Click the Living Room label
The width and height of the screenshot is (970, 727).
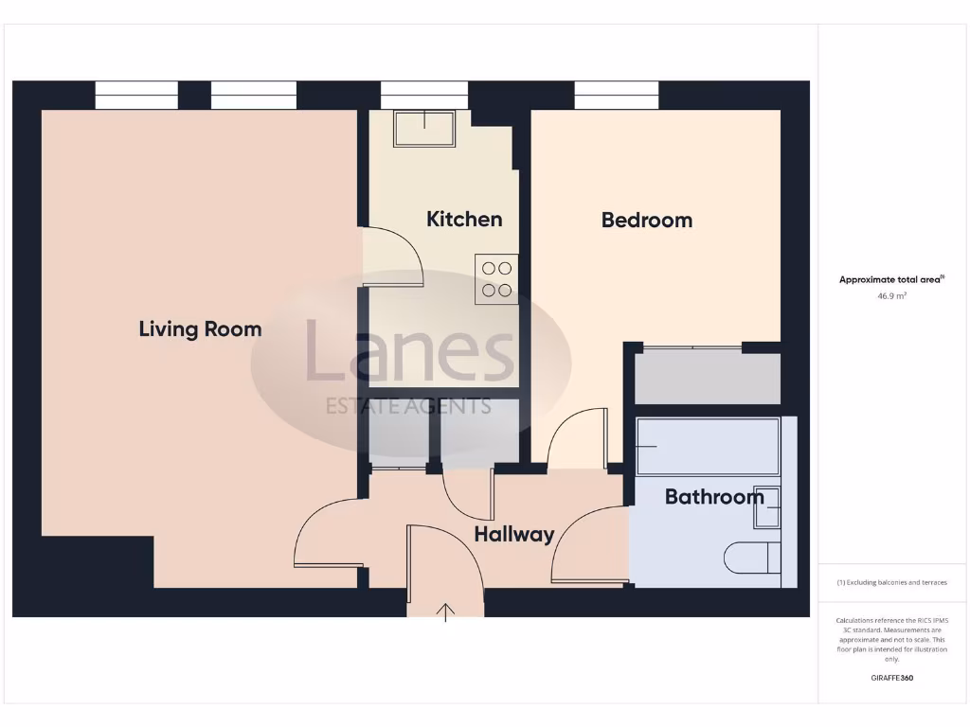(x=200, y=329)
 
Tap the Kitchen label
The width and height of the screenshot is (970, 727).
(x=464, y=220)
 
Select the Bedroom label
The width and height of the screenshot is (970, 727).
(x=647, y=221)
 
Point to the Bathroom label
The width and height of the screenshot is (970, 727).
(x=714, y=497)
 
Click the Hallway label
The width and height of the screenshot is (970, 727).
(x=513, y=535)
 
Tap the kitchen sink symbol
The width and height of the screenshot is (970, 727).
(x=424, y=129)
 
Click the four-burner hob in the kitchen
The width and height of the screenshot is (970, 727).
(x=496, y=279)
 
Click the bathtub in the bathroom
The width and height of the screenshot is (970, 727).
(x=708, y=446)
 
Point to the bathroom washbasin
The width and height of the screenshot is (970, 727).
(x=767, y=507)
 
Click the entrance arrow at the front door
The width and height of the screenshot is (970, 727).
(x=445, y=612)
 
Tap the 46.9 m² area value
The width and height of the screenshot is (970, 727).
(x=891, y=296)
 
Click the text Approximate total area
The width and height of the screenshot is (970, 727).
(x=891, y=279)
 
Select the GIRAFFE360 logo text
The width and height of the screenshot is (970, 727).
(x=892, y=678)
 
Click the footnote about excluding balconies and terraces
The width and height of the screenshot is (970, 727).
(x=891, y=582)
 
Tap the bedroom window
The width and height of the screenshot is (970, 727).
(x=617, y=96)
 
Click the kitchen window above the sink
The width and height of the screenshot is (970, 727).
(x=424, y=96)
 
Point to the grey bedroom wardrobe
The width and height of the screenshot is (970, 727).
(x=708, y=378)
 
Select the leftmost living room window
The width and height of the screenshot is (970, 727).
(x=136, y=96)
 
